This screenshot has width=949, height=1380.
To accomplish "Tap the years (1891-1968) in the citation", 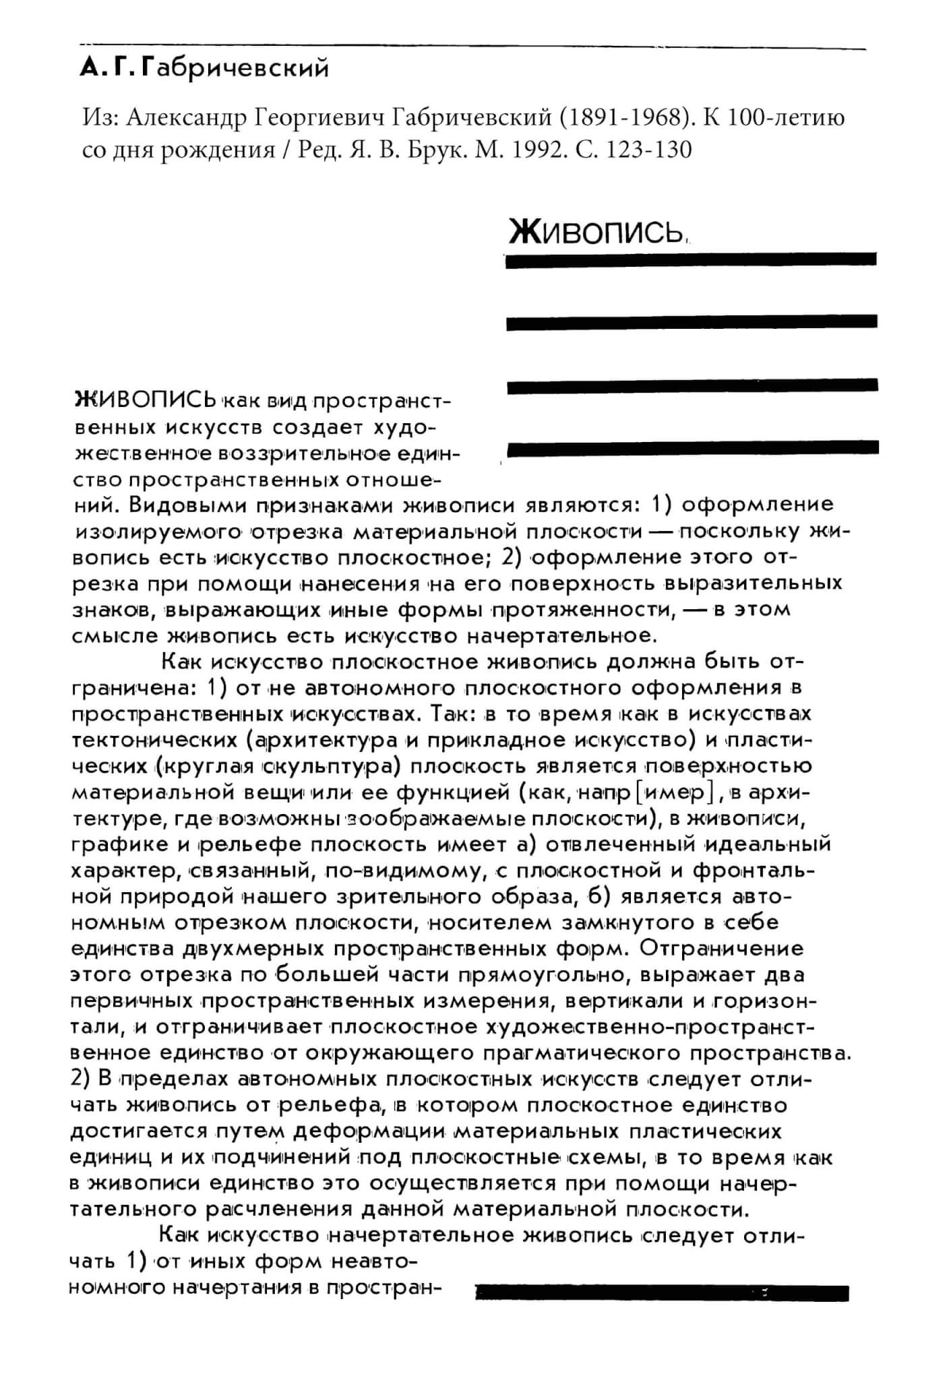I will [627, 118].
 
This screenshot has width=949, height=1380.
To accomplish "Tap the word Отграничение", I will [721, 949].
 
